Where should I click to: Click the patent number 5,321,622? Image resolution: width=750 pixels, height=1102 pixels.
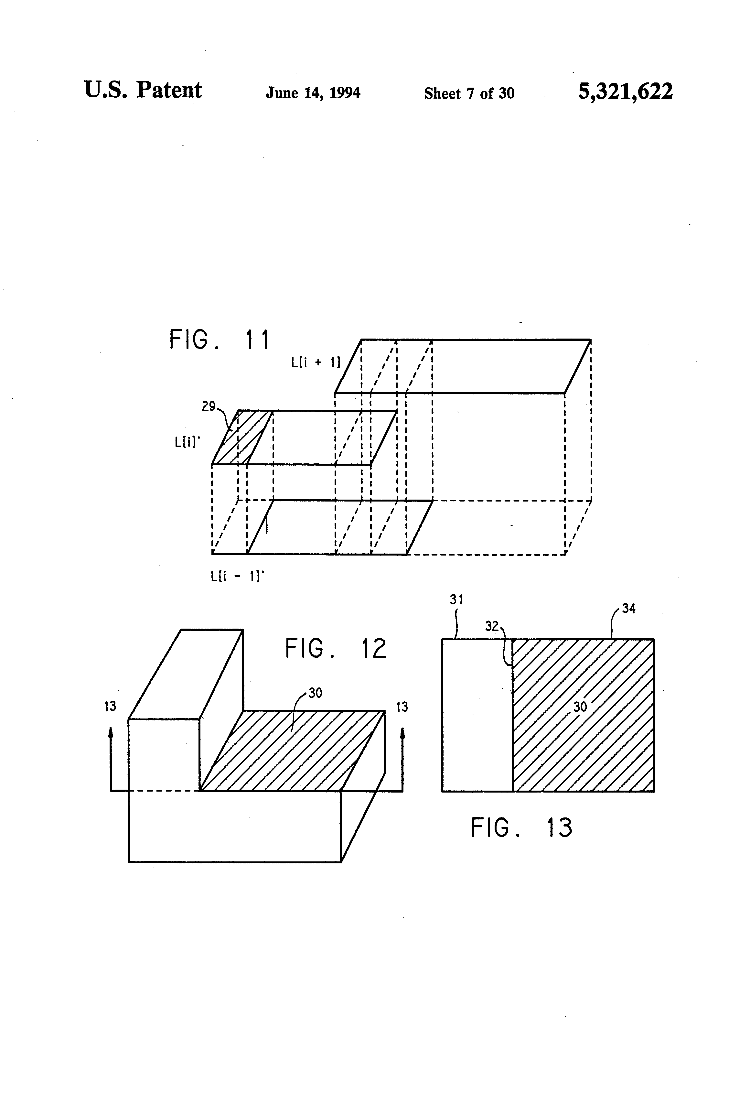625,91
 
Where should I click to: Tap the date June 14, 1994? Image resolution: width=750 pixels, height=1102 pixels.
313,92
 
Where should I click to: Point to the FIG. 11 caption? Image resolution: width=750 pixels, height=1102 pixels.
220,340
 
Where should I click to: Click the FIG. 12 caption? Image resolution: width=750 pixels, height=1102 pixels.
336,648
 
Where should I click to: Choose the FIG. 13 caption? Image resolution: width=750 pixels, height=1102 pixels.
521,827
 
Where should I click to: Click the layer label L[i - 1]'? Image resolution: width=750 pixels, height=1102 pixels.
237,576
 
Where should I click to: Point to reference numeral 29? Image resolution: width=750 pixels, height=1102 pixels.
208,406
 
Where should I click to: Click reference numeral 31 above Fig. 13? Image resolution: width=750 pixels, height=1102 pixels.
456,600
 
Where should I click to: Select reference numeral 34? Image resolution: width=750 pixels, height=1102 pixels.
629,608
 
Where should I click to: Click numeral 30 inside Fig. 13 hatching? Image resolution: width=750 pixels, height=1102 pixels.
580,707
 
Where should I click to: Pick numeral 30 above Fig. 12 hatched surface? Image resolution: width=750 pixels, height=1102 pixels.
315,693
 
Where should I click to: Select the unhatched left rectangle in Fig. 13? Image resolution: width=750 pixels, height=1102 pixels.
477,715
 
